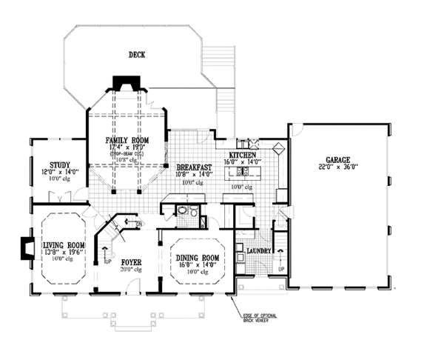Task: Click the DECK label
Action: tap(136, 54)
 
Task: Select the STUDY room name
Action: tap(59, 164)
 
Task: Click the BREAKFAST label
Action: tap(195, 168)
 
